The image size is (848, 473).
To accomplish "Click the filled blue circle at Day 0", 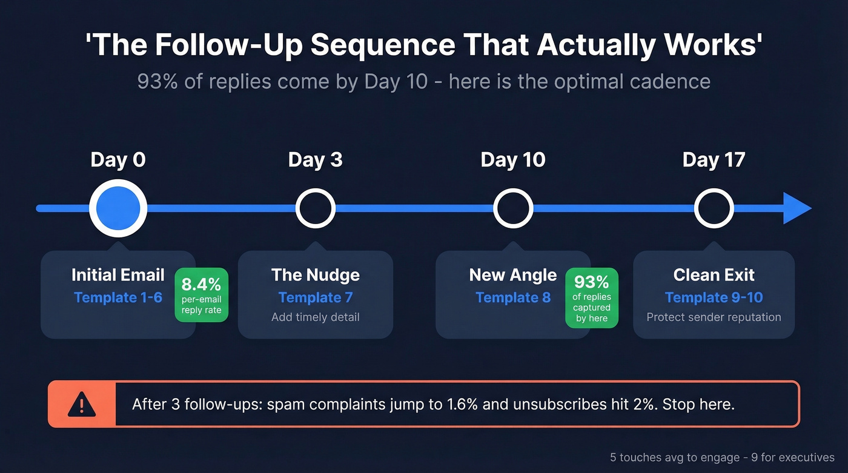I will [x=118, y=208].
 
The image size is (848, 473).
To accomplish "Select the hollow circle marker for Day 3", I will [x=315, y=208].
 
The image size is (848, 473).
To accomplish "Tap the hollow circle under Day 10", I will [x=513, y=208].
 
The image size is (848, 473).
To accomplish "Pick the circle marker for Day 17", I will [x=714, y=208].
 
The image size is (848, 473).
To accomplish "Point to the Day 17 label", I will [x=714, y=160].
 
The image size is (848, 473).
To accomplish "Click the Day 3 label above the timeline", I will [x=315, y=160].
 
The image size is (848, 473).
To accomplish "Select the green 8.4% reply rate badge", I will [x=202, y=294].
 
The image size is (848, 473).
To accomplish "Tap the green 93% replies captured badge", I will [x=592, y=297].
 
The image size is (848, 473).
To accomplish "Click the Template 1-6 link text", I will [x=118, y=297].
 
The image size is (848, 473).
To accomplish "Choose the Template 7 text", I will [x=315, y=297].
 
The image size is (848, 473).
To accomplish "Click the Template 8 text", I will [x=513, y=297].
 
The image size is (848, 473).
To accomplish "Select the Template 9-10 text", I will [x=714, y=297].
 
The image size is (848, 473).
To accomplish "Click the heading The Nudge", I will [x=315, y=275].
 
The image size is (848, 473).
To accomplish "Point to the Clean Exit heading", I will [x=714, y=275].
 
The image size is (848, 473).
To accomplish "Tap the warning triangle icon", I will [x=81, y=404].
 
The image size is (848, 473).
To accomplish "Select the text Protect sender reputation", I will [x=714, y=317].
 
